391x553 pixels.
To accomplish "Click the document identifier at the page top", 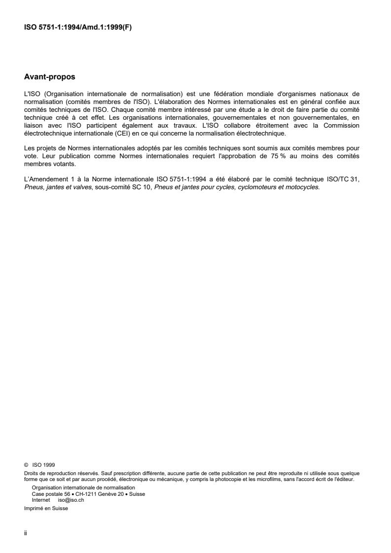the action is (78, 28).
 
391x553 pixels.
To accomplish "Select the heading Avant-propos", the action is (50, 77).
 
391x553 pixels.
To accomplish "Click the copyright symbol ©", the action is (26, 464).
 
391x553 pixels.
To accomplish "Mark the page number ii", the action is (26, 533).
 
